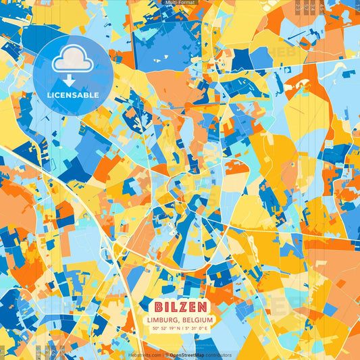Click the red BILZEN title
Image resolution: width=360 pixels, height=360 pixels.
(x=180, y=307)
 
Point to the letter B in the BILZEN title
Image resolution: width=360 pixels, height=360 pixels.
(x=159, y=307)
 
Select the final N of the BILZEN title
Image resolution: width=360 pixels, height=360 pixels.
(x=202, y=307)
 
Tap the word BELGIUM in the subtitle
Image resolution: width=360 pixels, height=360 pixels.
(x=197, y=319)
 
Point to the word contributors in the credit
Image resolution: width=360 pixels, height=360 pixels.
(x=217, y=355)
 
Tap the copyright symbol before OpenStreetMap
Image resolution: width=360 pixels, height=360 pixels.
(x=166, y=355)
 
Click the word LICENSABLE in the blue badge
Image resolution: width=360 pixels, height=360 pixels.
(x=73, y=95)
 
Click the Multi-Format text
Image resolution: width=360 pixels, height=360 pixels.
(x=180, y=3)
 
